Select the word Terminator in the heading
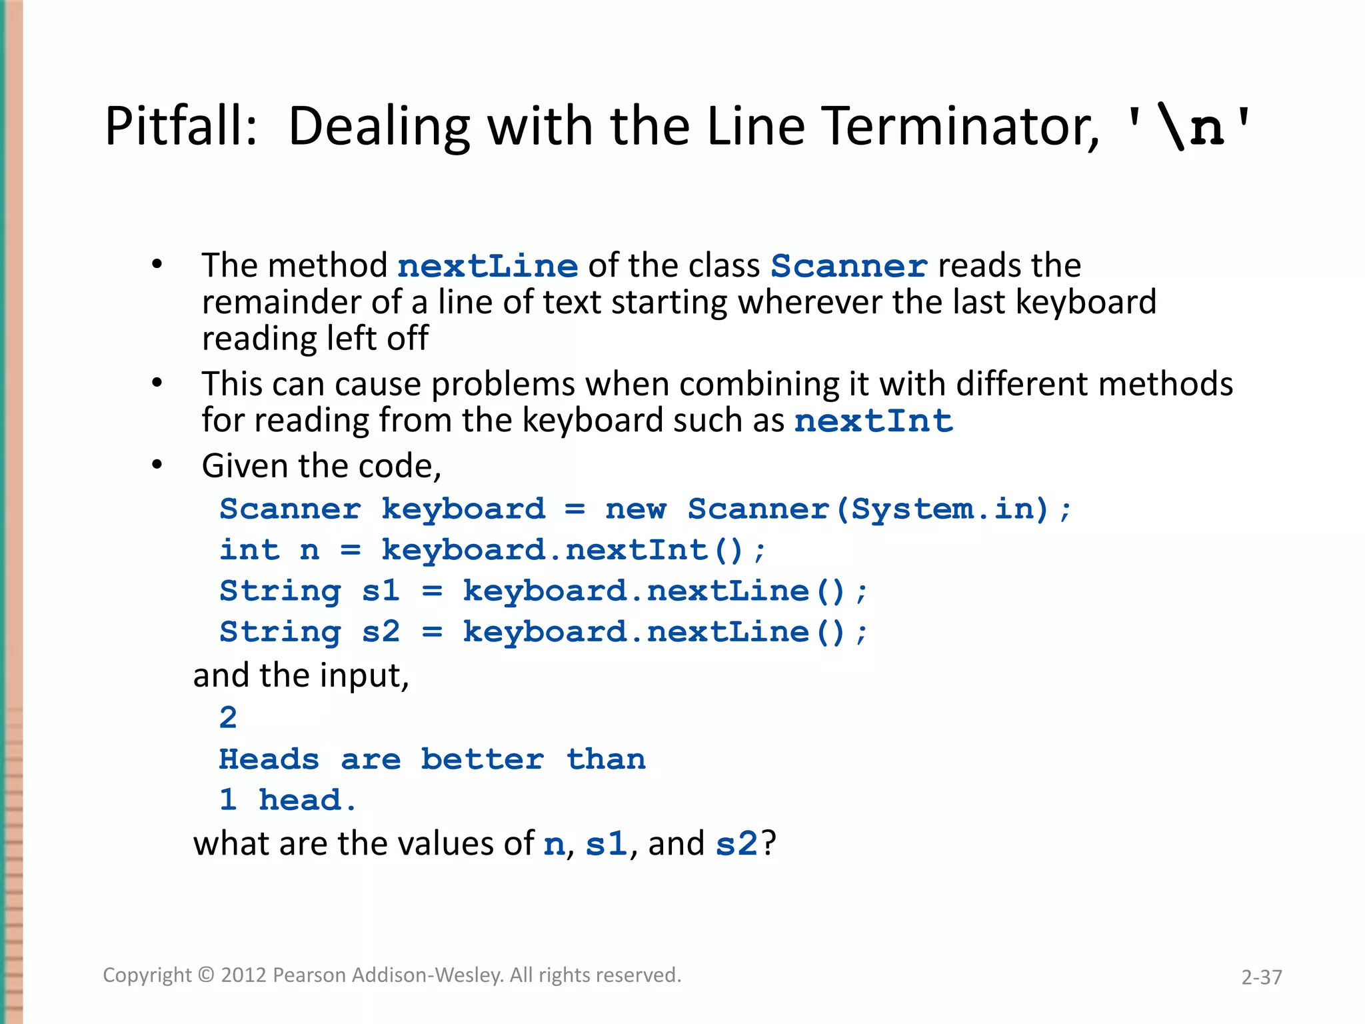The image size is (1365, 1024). (960, 127)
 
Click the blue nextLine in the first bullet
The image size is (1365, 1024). (487, 267)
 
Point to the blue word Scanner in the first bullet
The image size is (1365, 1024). (848, 267)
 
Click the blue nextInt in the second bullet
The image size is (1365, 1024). (873, 421)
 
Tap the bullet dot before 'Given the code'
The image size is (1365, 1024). (157, 465)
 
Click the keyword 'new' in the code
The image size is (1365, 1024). (635, 509)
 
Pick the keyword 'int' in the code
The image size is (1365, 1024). (249, 551)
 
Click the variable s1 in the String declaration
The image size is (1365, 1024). (381, 591)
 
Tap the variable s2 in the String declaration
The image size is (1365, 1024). (381, 632)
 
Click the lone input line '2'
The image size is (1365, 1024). (228, 718)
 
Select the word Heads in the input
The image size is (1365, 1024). (269, 759)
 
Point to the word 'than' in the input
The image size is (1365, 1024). (606, 759)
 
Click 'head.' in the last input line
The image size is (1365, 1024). (307, 800)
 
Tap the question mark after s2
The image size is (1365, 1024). (769, 844)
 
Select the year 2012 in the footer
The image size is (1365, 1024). (244, 975)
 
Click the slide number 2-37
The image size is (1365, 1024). (1261, 977)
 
